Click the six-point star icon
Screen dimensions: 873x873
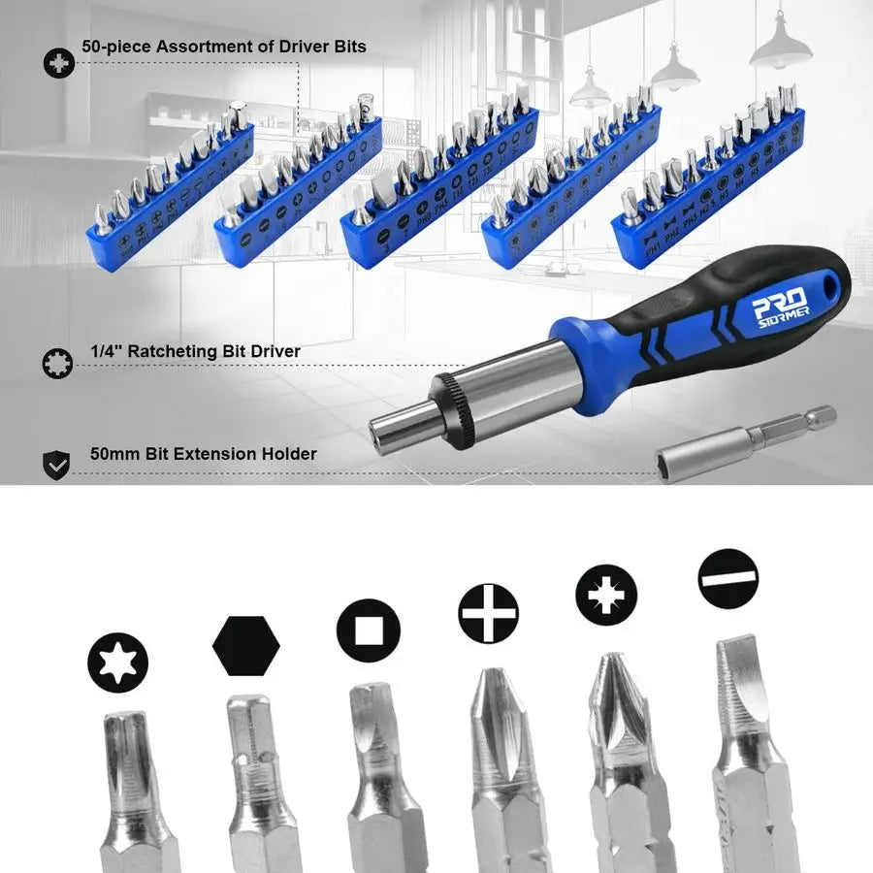pyautogui.click(x=117, y=663)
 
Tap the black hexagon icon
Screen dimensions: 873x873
pyautogui.click(x=245, y=645)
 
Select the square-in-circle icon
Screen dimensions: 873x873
pyautogui.click(x=368, y=630)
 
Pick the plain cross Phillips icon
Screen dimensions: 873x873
pyautogui.click(x=488, y=613)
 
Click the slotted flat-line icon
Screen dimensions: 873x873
pyautogui.click(x=727, y=578)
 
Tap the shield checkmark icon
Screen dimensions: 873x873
pyautogui.click(x=57, y=466)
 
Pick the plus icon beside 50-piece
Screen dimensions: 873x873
pyautogui.click(x=59, y=65)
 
